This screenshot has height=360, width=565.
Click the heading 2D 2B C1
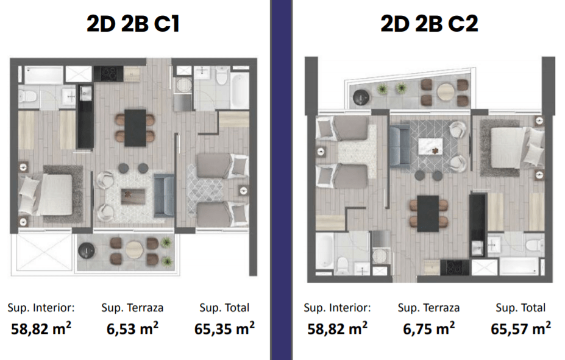pyautogui.click(x=133, y=24)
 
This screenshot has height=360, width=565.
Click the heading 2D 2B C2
pyautogui.click(x=429, y=24)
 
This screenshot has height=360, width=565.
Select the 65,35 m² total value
pyautogui.click(x=224, y=329)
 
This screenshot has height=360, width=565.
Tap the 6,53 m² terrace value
pyautogui.click(x=132, y=329)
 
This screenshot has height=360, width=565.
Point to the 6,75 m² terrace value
pyautogui.click(x=429, y=329)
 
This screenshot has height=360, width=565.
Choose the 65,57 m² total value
pyautogui.click(x=521, y=329)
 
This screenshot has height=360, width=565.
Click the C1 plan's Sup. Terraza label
pyautogui.click(x=132, y=308)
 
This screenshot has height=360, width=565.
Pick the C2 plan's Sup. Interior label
pyautogui.click(x=337, y=308)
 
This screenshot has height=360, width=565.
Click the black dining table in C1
pyautogui.click(x=135, y=128)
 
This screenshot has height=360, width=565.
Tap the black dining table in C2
pyautogui.click(x=428, y=214)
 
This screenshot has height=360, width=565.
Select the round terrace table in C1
pyautogui.click(x=134, y=249)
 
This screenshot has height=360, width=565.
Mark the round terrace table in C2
pyautogui.click(x=446, y=91)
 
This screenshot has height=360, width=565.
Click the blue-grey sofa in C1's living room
pyautogui.click(x=165, y=196)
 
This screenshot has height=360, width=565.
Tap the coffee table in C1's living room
pyautogui.click(x=133, y=196)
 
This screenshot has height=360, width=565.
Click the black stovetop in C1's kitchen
pyautogui.click(x=108, y=74)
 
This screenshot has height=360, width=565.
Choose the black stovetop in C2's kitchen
pyautogui.click(x=455, y=268)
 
